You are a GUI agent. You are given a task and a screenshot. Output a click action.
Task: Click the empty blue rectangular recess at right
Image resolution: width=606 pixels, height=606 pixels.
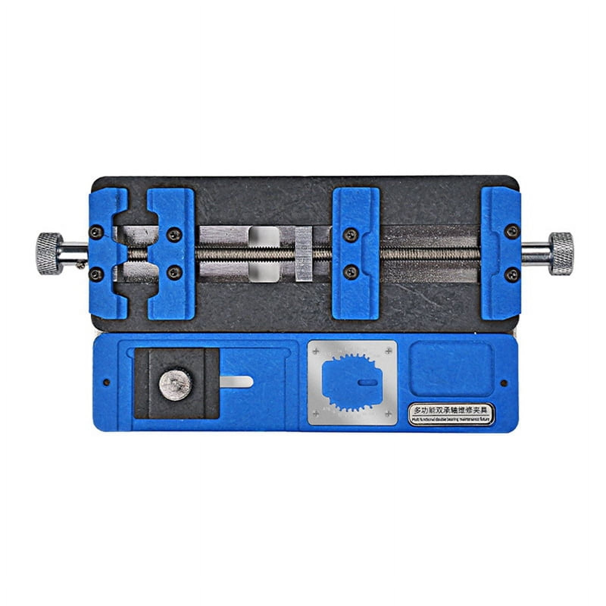coord(452,369)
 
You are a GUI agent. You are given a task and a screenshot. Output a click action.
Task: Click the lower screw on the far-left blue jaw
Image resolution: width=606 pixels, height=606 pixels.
coord(95,271)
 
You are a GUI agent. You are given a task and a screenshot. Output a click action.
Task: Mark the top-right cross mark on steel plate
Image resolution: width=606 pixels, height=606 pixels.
coord(388,352)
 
